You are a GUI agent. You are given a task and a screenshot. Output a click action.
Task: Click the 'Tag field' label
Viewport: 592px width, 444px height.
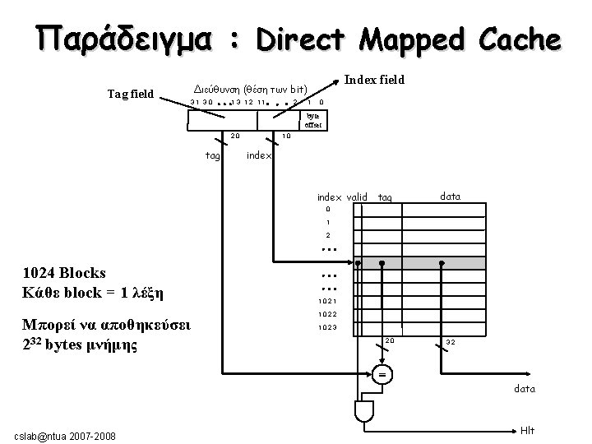click(131, 94)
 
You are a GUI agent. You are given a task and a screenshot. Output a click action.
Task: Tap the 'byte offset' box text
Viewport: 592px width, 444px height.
click(312, 122)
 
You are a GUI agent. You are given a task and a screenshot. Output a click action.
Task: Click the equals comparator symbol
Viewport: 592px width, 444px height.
click(381, 374)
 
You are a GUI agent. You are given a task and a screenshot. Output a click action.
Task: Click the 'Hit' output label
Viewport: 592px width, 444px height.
click(528, 429)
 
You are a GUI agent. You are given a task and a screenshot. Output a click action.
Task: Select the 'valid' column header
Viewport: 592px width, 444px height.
click(358, 197)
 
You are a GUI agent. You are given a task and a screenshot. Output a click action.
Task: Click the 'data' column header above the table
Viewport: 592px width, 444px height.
click(450, 197)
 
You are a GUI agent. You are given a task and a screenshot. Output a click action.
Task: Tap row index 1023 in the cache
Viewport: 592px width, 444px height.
click(327, 328)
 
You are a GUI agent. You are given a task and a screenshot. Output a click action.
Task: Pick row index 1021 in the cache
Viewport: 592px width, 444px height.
click(327, 301)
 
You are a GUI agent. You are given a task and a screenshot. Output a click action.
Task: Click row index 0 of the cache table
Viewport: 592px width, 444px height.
click(327, 209)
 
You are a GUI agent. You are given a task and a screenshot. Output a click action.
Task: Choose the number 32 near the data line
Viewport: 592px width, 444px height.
click(451, 341)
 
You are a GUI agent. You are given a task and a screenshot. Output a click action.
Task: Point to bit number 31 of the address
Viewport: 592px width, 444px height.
click(195, 102)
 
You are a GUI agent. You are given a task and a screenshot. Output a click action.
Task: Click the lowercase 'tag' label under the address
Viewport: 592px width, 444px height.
click(212, 154)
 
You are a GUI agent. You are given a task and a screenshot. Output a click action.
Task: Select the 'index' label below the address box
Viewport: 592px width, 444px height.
click(260, 154)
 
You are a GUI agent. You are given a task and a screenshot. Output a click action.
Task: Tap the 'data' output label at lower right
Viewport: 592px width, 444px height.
click(525, 389)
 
